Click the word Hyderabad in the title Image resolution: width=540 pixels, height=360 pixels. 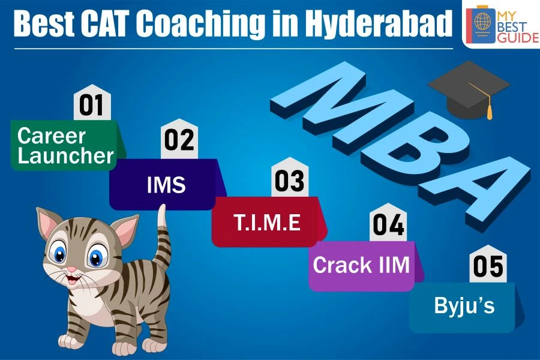[x=377, y=23]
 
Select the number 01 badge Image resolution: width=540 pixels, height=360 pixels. [x=92, y=103]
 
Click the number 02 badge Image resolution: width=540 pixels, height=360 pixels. [x=179, y=139]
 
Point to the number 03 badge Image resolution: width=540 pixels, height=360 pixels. [x=290, y=177]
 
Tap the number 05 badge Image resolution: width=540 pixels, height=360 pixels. [x=488, y=264]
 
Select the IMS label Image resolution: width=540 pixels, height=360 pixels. [x=166, y=184]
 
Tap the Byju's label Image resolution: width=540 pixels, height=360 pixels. [x=464, y=306]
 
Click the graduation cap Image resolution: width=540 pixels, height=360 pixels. [x=469, y=89]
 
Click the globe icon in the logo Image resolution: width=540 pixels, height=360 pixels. [x=482, y=20]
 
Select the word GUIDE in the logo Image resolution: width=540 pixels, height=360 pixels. [x=518, y=37]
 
